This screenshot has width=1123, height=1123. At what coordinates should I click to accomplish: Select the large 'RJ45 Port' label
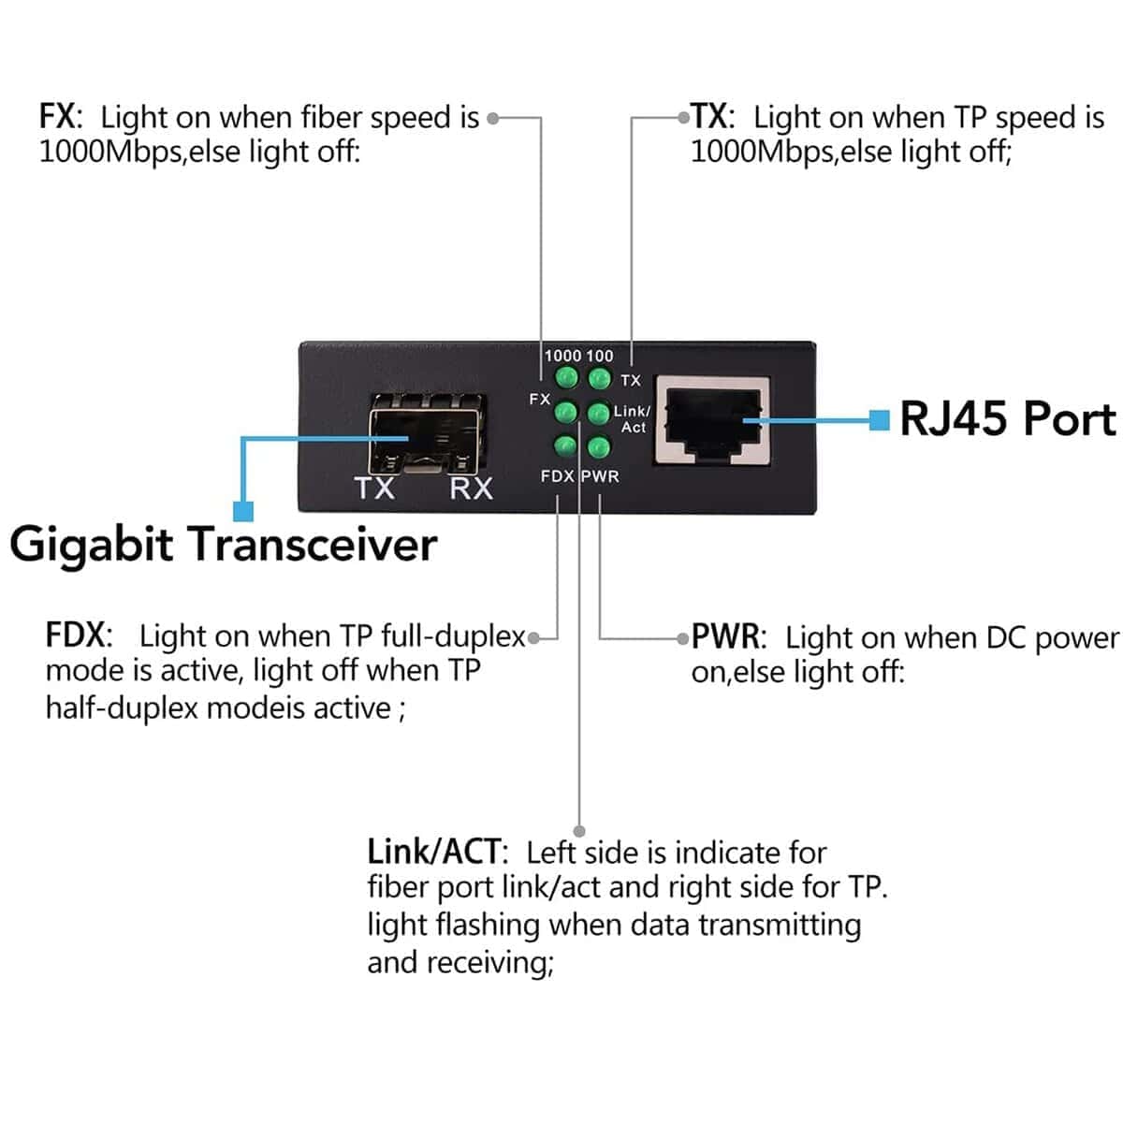click(1008, 418)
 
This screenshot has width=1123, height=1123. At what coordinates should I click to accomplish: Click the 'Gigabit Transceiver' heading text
click(224, 544)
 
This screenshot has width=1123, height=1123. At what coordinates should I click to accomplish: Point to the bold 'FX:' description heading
click(61, 118)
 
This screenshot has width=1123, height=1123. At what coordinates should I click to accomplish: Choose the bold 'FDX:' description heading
click(79, 635)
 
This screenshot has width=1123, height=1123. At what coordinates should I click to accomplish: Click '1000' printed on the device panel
click(562, 356)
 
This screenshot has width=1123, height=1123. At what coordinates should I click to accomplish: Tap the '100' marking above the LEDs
click(601, 356)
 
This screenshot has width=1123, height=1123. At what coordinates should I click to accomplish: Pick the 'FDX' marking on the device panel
click(557, 476)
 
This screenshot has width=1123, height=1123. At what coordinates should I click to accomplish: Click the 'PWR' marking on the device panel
click(601, 476)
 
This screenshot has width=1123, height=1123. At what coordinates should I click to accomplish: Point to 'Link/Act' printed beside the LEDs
click(632, 419)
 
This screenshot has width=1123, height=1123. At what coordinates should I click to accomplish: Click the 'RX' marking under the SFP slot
click(471, 488)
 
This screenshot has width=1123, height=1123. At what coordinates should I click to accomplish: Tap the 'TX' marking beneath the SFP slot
click(374, 488)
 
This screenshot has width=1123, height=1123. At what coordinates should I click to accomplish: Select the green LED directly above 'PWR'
click(598, 446)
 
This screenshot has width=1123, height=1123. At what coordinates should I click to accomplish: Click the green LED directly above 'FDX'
click(565, 446)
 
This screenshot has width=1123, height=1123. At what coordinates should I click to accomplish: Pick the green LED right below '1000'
click(565, 378)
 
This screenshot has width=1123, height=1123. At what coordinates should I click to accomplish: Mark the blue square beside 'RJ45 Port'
click(879, 420)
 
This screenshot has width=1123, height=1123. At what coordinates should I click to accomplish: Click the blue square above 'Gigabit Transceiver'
click(243, 511)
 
